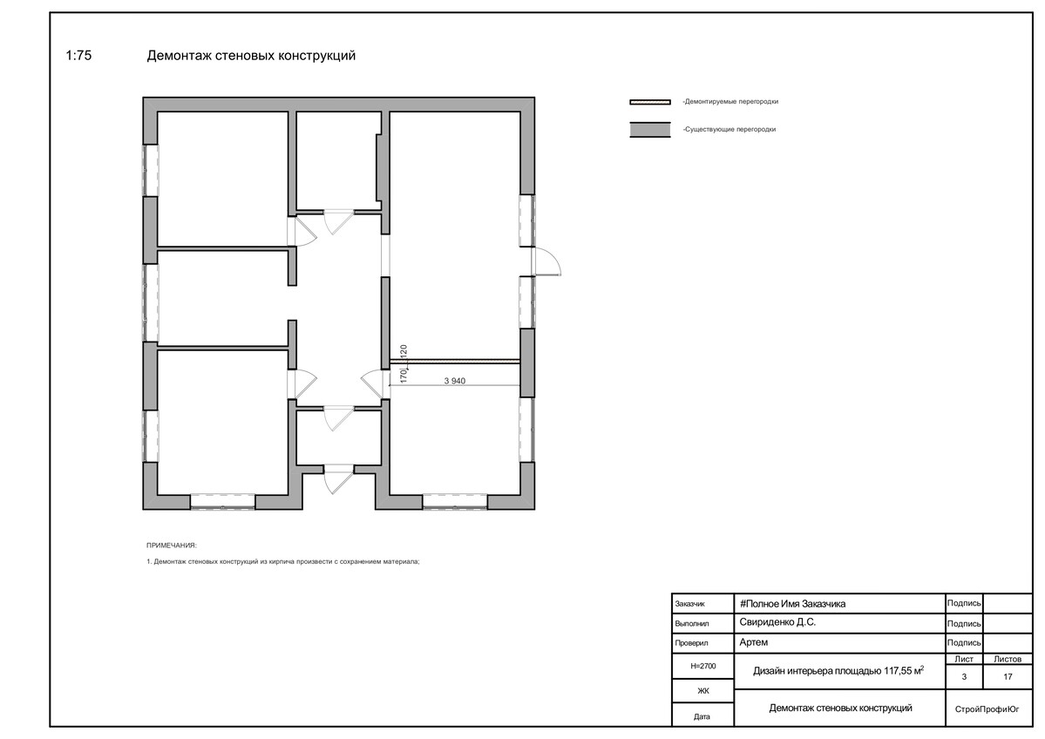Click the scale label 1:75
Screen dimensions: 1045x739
point(78,56)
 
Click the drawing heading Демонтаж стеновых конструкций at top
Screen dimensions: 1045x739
point(251,56)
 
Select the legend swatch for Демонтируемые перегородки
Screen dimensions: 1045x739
point(650,102)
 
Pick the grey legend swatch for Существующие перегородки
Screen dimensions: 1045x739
point(650,130)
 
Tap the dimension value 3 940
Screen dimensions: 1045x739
point(455,381)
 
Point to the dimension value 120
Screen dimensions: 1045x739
point(404,352)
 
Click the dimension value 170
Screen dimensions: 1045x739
point(404,376)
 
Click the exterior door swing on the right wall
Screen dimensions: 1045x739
point(548,261)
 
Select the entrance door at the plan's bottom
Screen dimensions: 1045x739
point(338,480)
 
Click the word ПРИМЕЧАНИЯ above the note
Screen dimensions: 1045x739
point(172,545)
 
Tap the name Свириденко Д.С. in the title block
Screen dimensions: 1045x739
point(777,621)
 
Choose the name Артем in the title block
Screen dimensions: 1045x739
point(754,642)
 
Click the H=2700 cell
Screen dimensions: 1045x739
point(703,666)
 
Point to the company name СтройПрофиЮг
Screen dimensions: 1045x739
point(987,709)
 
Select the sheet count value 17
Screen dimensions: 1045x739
point(1008,676)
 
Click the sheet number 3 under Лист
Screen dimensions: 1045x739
point(964,676)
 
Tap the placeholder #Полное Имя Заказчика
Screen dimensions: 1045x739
point(792,604)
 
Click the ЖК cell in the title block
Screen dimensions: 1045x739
point(703,691)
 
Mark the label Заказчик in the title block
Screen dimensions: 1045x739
point(689,604)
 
